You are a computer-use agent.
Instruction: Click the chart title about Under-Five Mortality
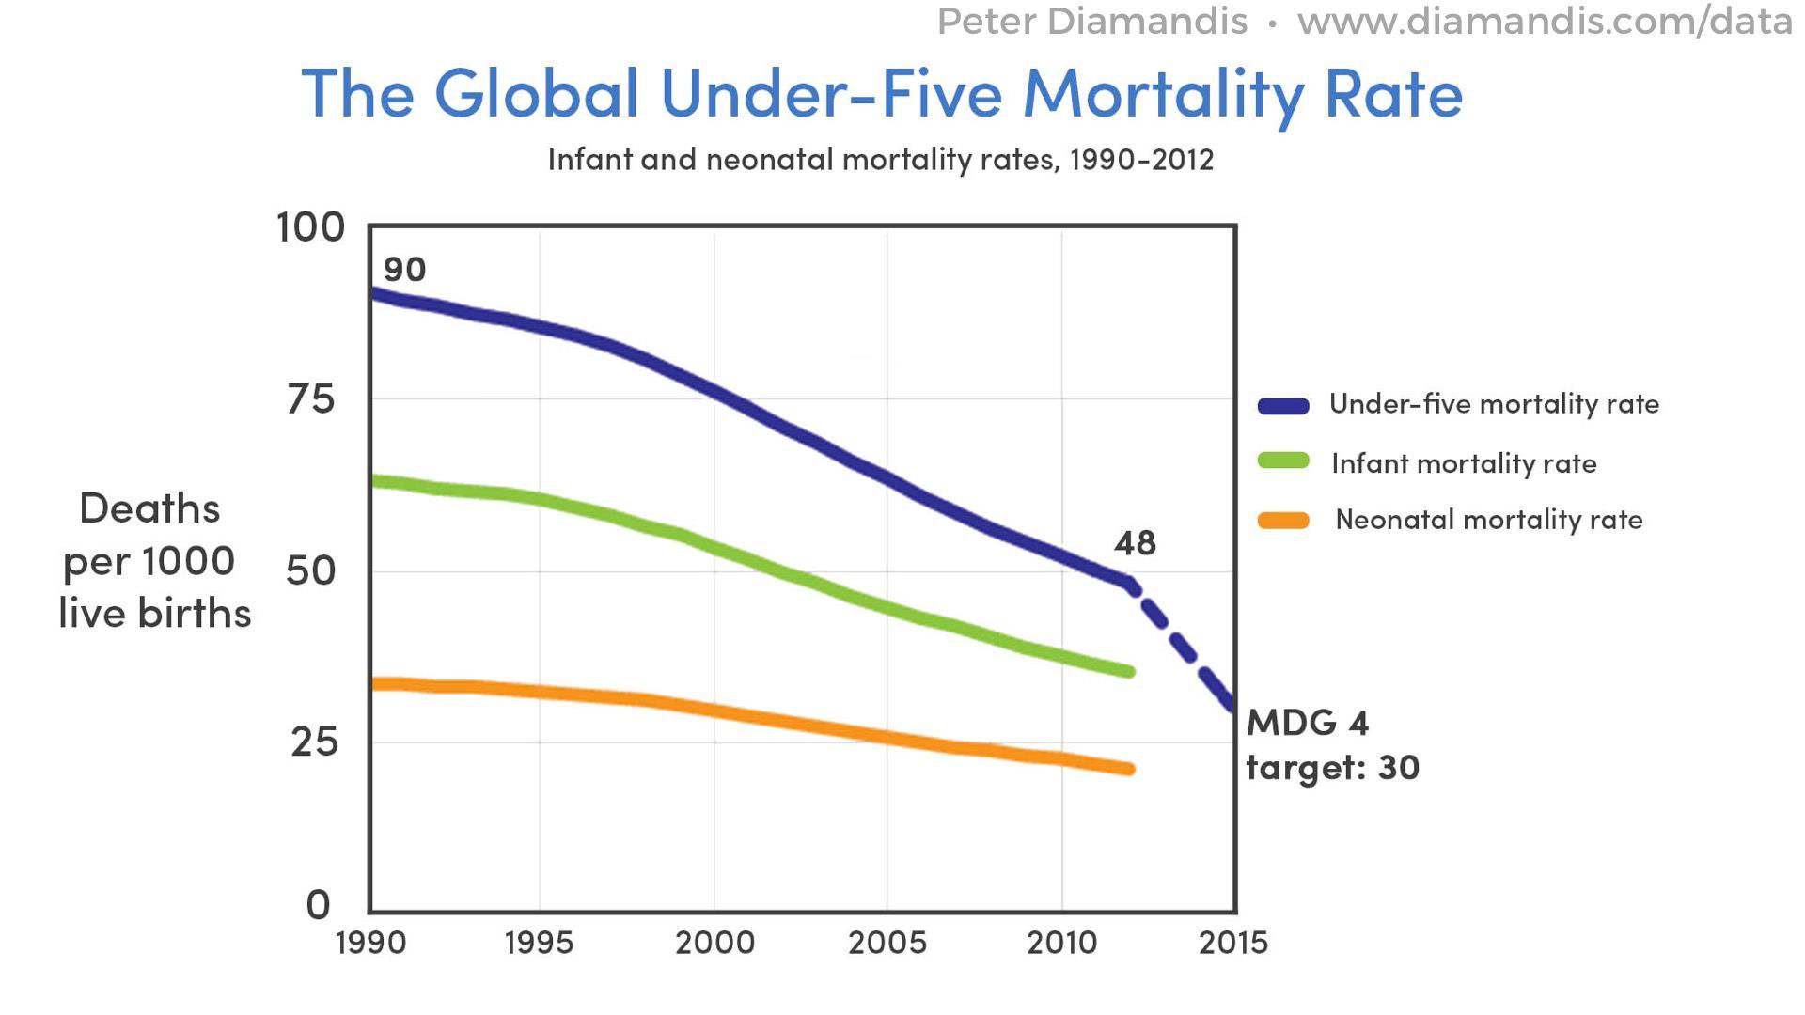pyautogui.click(x=882, y=93)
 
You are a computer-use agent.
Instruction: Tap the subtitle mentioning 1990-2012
pyautogui.click(x=880, y=159)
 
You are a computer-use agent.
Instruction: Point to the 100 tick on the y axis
pyautogui.click(x=310, y=227)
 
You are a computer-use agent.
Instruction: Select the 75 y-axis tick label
pyautogui.click(x=311, y=399)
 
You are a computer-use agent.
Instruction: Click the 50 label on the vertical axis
pyautogui.click(x=311, y=570)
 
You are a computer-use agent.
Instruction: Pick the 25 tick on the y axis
pyautogui.click(x=314, y=742)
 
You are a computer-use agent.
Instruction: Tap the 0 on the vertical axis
pyautogui.click(x=319, y=904)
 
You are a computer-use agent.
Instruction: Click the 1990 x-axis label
pyautogui.click(x=370, y=943)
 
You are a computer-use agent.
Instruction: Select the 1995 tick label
pyautogui.click(x=539, y=943)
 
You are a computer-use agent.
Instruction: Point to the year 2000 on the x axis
pyautogui.click(x=714, y=943)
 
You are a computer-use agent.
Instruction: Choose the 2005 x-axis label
pyautogui.click(x=887, y=943)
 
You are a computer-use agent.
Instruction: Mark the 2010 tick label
pyautogui.click(x=1061, y=943)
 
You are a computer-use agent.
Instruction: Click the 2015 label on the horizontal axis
pyautogui.click(x=1233, y=943)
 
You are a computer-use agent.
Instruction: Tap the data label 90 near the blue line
pyautogui.click(x=405, y=270)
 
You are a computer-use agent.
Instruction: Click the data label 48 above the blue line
pyautogui.click(x=1135, y=543)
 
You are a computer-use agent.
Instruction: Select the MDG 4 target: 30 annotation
pyautogui.click(x=1331, y=745)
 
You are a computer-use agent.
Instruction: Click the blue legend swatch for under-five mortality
pyautogui.click(x=1283, y=406)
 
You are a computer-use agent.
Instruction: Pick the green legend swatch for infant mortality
pyautogui.click(x=1283, y=461)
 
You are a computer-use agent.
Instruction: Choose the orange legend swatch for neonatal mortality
pyautogui.click(x=1283, y=521)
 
